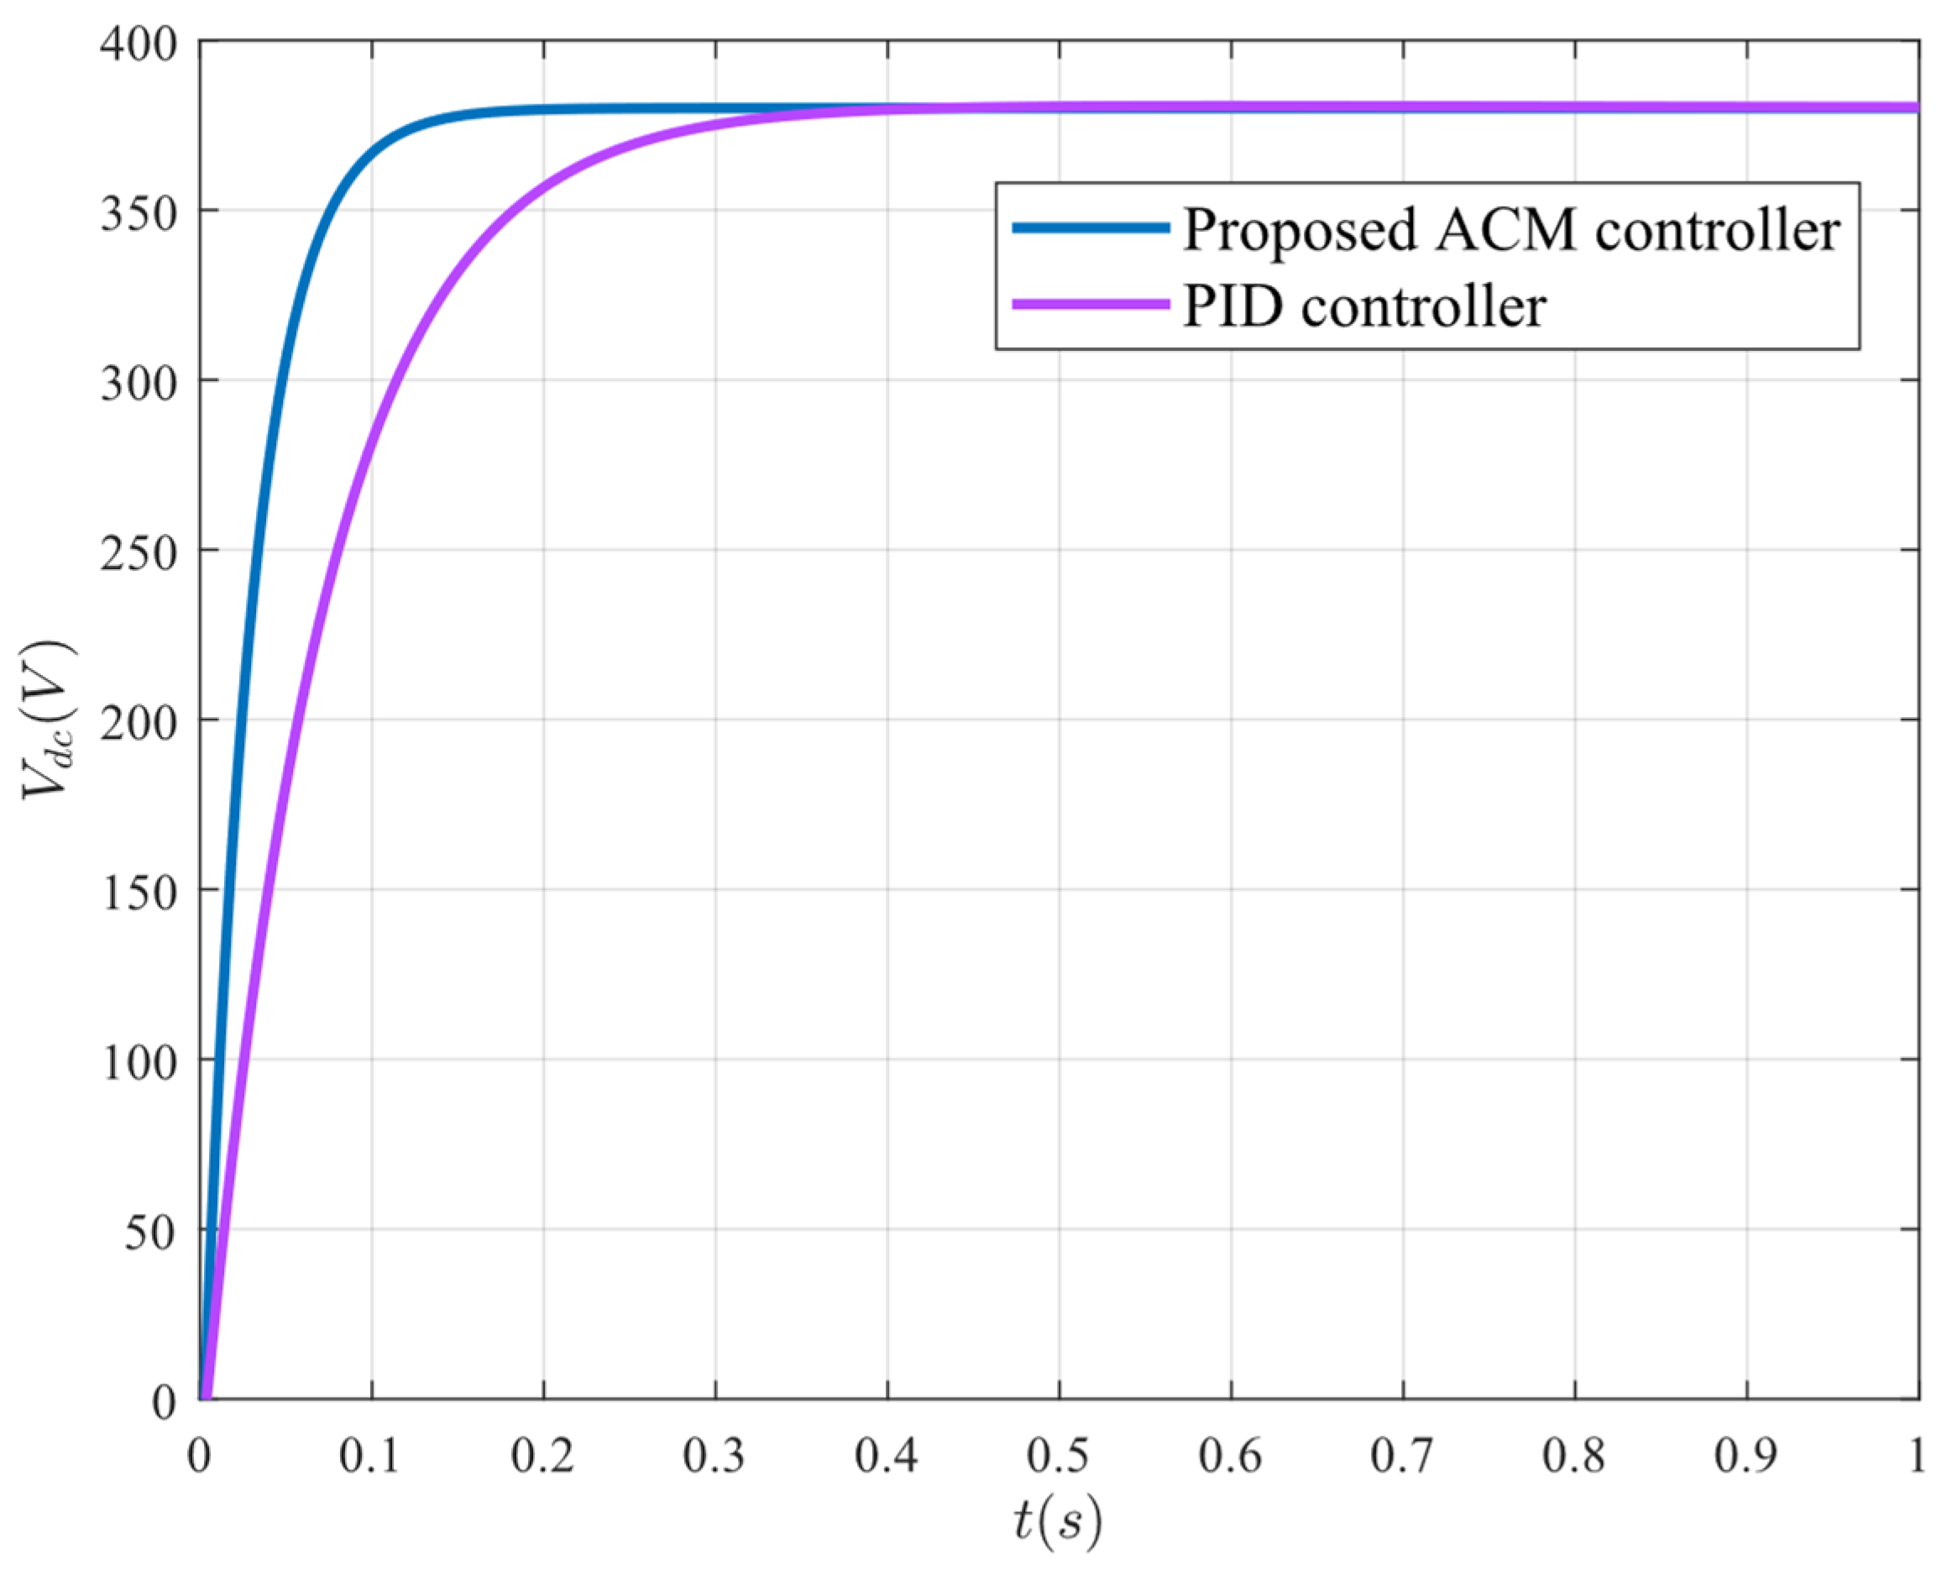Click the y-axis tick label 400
click(138, 44)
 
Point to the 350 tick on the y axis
click(138, 213)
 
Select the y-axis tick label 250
click(138, 552)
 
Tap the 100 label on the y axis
click(138, 1062)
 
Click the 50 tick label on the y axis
click(150, 1232)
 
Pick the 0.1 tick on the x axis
click(370, 1456)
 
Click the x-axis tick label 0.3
click(714, 1456)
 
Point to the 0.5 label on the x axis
click(1058, 1456)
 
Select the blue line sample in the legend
click(1090, 228)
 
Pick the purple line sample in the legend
click(1090, 305)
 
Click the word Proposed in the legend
click(1300, 232)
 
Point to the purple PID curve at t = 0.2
click(543, 188)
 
